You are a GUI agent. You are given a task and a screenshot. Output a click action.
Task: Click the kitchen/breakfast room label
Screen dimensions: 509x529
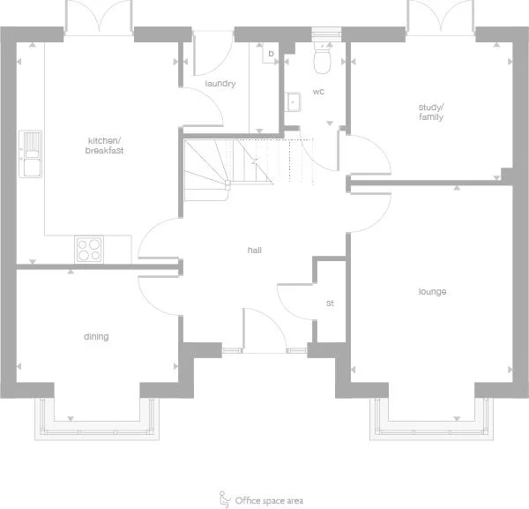105,146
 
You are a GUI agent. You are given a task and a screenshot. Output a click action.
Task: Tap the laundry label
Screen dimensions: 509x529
220,84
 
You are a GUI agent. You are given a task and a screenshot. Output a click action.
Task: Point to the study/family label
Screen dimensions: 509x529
430,112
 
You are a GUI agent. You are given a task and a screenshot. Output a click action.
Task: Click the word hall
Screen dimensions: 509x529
255,250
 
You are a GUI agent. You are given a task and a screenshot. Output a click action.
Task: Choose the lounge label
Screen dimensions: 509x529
432,292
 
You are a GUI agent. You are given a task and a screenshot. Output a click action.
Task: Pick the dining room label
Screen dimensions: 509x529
96,336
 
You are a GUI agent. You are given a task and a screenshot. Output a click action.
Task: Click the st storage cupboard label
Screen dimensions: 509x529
330,303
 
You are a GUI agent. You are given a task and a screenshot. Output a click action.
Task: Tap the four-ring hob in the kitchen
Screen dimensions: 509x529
88,249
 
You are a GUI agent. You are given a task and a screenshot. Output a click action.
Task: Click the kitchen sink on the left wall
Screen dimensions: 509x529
30,153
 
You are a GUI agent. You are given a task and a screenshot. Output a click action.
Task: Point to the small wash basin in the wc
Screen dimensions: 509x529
293,102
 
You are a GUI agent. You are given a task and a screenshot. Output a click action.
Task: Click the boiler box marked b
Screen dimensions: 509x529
271,54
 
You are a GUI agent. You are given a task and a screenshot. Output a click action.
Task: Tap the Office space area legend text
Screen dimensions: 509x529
269,500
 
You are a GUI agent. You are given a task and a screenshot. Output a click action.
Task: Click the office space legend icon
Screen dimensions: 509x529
224,498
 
